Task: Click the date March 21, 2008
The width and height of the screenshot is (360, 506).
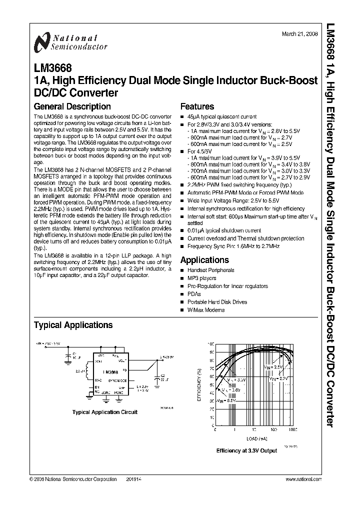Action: click(x=299, y=34)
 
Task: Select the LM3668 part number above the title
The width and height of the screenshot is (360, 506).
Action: click(x=52, y=67)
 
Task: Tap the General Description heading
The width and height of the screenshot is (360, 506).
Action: click(x=72, y=106)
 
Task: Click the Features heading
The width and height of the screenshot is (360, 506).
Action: click(x=197, y=106)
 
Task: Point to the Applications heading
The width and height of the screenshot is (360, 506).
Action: click(x=204, y=260)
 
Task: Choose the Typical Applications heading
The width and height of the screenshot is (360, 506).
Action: click(x=73, y=325)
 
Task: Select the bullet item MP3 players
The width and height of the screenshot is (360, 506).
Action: click(x=202, y=278)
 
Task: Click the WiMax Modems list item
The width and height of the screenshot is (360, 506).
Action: click(x=206, y=310)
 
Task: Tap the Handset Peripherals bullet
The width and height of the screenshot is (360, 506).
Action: click(x=210, y=270)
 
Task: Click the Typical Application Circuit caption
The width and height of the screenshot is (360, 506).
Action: click(x=105, y=412)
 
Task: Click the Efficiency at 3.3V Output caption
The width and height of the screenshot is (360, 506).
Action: click(x=246, y=450)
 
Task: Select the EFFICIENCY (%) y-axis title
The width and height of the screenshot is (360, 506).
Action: click(x=200, y=385)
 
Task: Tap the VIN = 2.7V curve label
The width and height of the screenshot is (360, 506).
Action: click(x=279, y=379)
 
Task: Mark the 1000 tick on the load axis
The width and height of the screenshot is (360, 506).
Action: click(x=292, y=430)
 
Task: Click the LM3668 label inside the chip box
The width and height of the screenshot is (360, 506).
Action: click(x=110, y=372)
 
